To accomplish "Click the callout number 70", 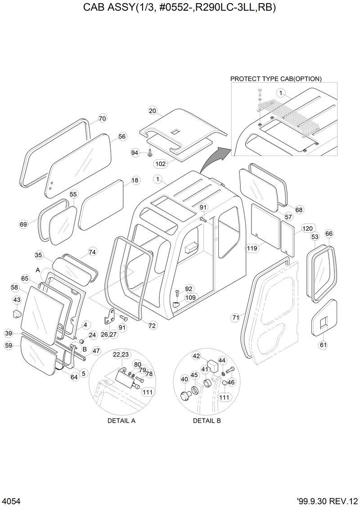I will (x=102, y=119).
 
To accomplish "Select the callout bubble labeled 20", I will (x=153, y=111).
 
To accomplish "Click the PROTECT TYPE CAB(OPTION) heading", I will (x=276, y=79).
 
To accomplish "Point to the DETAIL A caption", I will (x=121, y=421).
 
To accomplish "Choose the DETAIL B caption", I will (x=207, y=421).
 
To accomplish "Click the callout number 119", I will (x=252, y=247).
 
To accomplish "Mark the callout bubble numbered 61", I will (x=323, y=345).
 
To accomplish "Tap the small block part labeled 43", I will (x=17, y=313).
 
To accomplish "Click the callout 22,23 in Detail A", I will (x=120, y=355).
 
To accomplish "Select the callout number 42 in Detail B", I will (x=196, y=356).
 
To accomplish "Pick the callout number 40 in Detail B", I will (x=184, y=379).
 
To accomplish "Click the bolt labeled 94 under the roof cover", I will (x=149, y=154).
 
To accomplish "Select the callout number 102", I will (x=161, y=164).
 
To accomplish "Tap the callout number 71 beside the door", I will (x=235, y=318).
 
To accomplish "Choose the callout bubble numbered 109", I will (x=190, y=297).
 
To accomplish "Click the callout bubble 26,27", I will (x=108, y=334).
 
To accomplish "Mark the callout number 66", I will (x=329, y=233).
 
